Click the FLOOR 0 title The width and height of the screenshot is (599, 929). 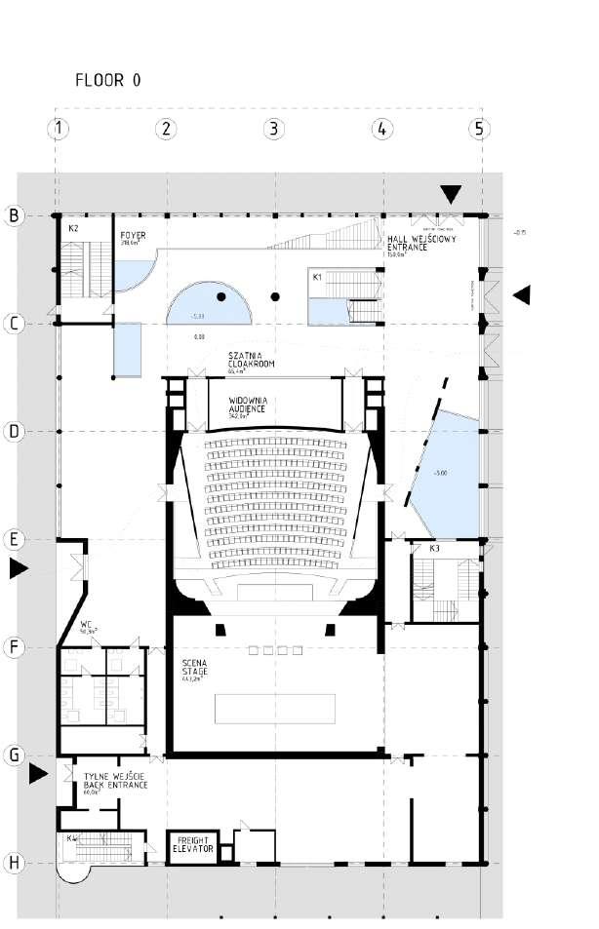pos(108,81)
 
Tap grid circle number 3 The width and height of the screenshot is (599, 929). pos(273,128)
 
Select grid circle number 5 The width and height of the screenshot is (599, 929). pos(478,128)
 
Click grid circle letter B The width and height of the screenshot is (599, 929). pos(15,215)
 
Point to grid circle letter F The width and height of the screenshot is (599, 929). pos(15,646)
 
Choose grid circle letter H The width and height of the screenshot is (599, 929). pos(15,863)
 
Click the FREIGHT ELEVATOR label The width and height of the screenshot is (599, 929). pos(192,844)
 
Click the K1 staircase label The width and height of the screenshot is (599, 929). pos(317,277)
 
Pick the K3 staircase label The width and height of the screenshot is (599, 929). pos(434,550)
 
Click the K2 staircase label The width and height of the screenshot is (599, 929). pos(73,227)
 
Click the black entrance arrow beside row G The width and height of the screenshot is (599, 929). pos(38,774)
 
